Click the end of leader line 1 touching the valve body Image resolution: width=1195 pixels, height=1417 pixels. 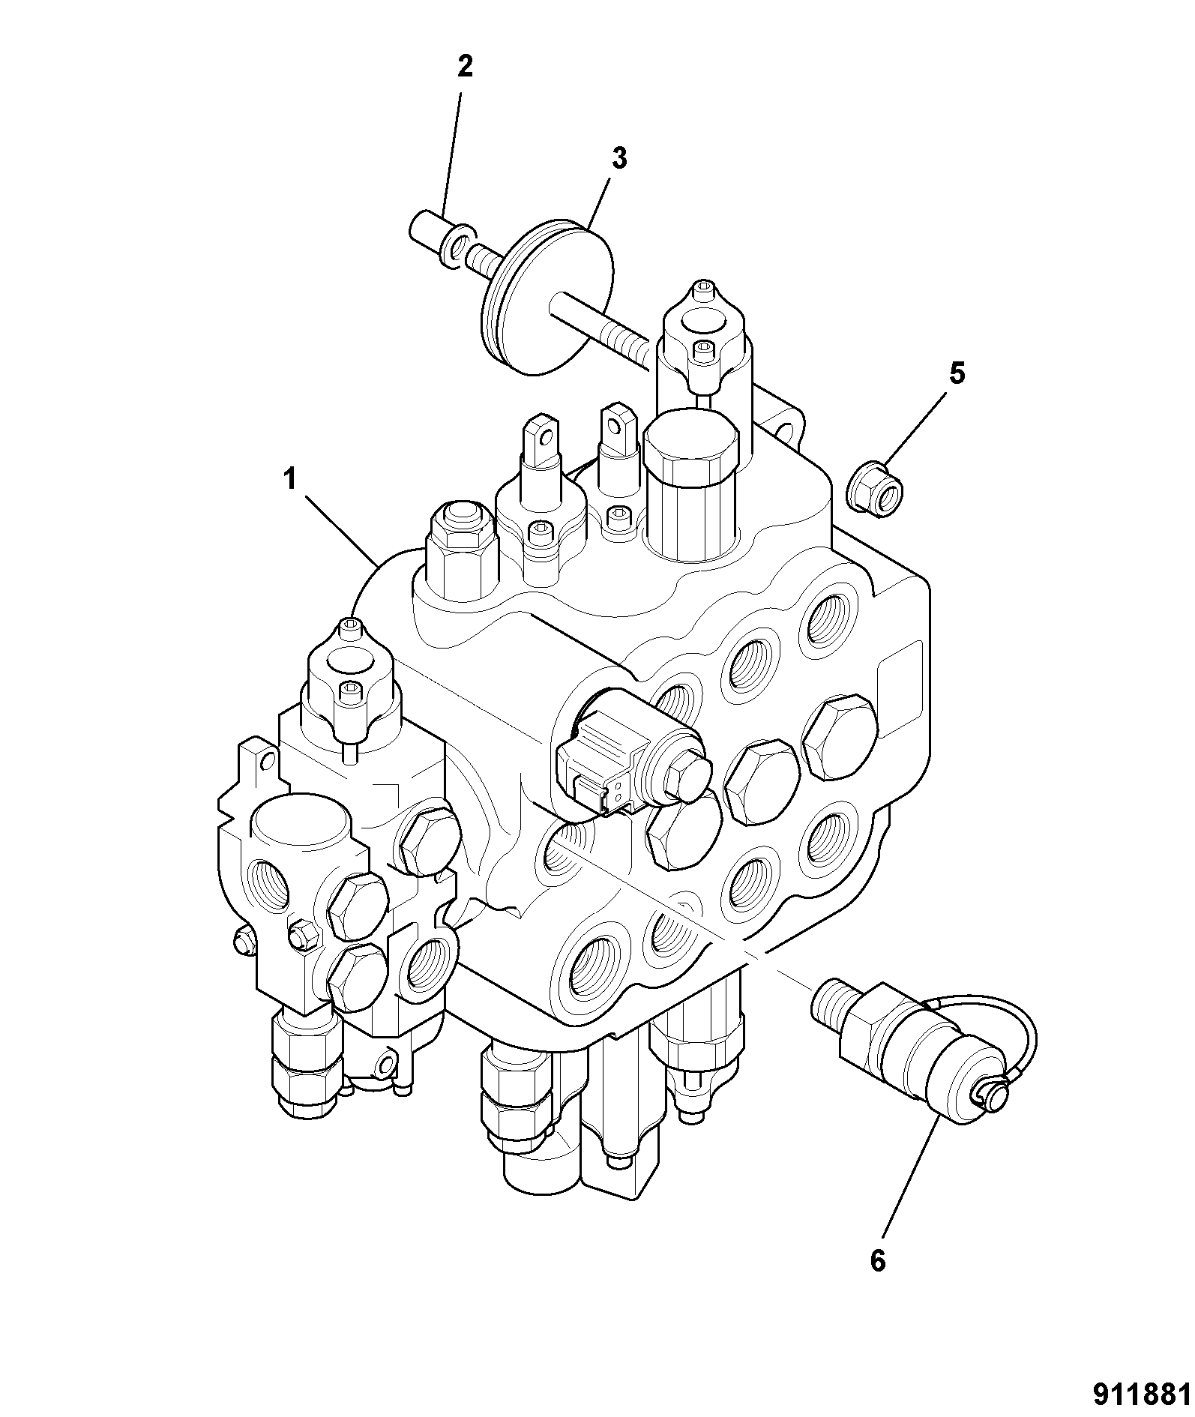tap(380, 564)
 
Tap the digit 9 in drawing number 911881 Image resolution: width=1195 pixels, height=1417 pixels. tap(1102, 1395)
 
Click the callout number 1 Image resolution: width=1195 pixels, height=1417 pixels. tap(290, 479)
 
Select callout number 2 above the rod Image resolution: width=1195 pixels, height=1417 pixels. tap(465, 67)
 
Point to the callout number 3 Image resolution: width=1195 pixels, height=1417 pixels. tap(618, 159)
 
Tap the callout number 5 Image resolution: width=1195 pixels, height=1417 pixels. tap(957, 373)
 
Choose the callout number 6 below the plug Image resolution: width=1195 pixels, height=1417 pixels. tap(878, 1260)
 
